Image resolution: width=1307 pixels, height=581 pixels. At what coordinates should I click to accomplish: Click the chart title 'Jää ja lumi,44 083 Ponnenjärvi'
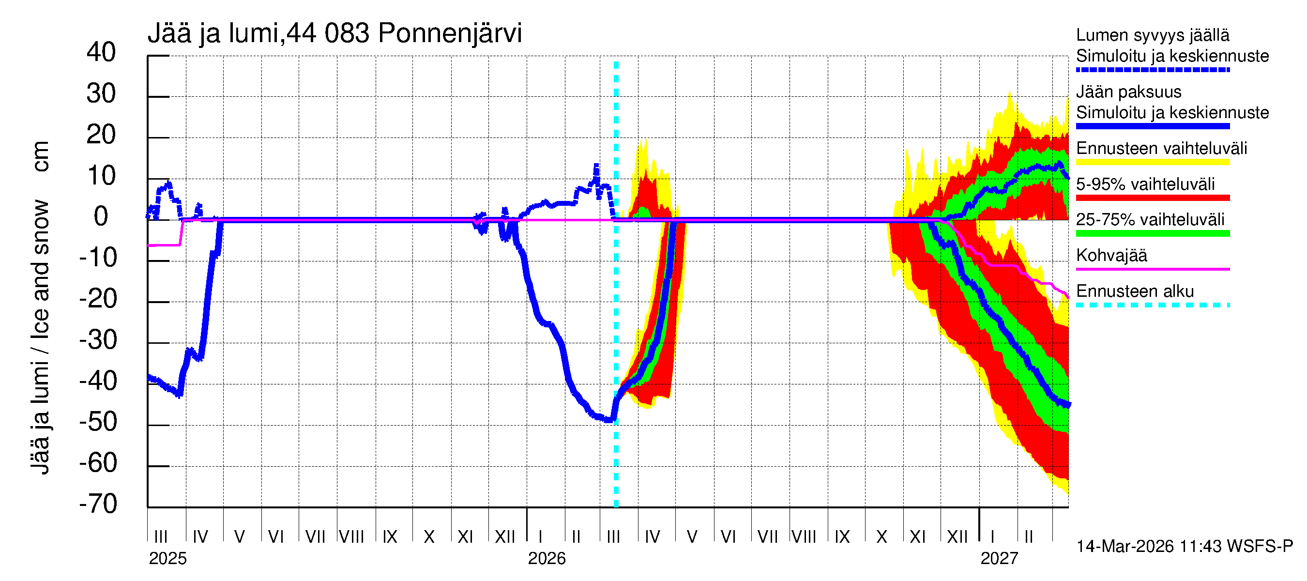click(x=334, y=33)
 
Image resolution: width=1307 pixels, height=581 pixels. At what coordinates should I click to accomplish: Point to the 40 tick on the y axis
click(x=101, y=53)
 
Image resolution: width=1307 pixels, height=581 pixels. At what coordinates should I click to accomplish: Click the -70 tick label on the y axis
click(x=98, y=504)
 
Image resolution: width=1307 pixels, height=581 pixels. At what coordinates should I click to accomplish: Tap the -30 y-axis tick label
click(x=98, y=340)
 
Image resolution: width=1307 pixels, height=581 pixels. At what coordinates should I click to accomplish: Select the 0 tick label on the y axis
click(x=101, y=217)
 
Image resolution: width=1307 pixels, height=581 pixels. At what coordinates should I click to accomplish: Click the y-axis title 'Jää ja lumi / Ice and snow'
click(x=40, y=337)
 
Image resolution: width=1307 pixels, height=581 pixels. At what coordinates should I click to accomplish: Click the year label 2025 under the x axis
click(x=167, y=559)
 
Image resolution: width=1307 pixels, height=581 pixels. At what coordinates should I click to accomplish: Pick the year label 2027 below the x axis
click(x=999, y=559)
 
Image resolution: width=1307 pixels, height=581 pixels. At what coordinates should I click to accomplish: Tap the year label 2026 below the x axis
click(x=547, y=559)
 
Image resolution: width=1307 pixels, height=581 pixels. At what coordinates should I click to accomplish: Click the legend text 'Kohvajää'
click(x=1111, y=255)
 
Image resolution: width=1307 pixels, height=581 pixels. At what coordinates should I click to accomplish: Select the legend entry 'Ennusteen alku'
click(x=1135, y=291)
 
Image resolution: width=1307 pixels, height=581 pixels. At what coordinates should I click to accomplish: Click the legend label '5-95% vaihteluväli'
click(x=1145, y=184)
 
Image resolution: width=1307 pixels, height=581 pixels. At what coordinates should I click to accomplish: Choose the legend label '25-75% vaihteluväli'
click(x=1150, y=220)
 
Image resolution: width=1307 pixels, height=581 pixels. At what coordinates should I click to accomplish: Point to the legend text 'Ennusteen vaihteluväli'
click(x=1161, y=149)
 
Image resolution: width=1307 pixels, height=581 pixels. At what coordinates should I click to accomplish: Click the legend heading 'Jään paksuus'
click(x=1128, y=92)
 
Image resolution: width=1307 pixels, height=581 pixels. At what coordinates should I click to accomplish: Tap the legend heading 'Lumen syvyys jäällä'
click(x=1152, y=35)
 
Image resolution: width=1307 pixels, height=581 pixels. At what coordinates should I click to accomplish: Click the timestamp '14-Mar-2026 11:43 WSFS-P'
click(x=1184, y=547)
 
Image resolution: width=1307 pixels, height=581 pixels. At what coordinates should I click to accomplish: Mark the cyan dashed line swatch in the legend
click(x=1152, y=306)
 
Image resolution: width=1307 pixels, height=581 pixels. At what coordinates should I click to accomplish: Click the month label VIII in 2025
click(x=351, y=537)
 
